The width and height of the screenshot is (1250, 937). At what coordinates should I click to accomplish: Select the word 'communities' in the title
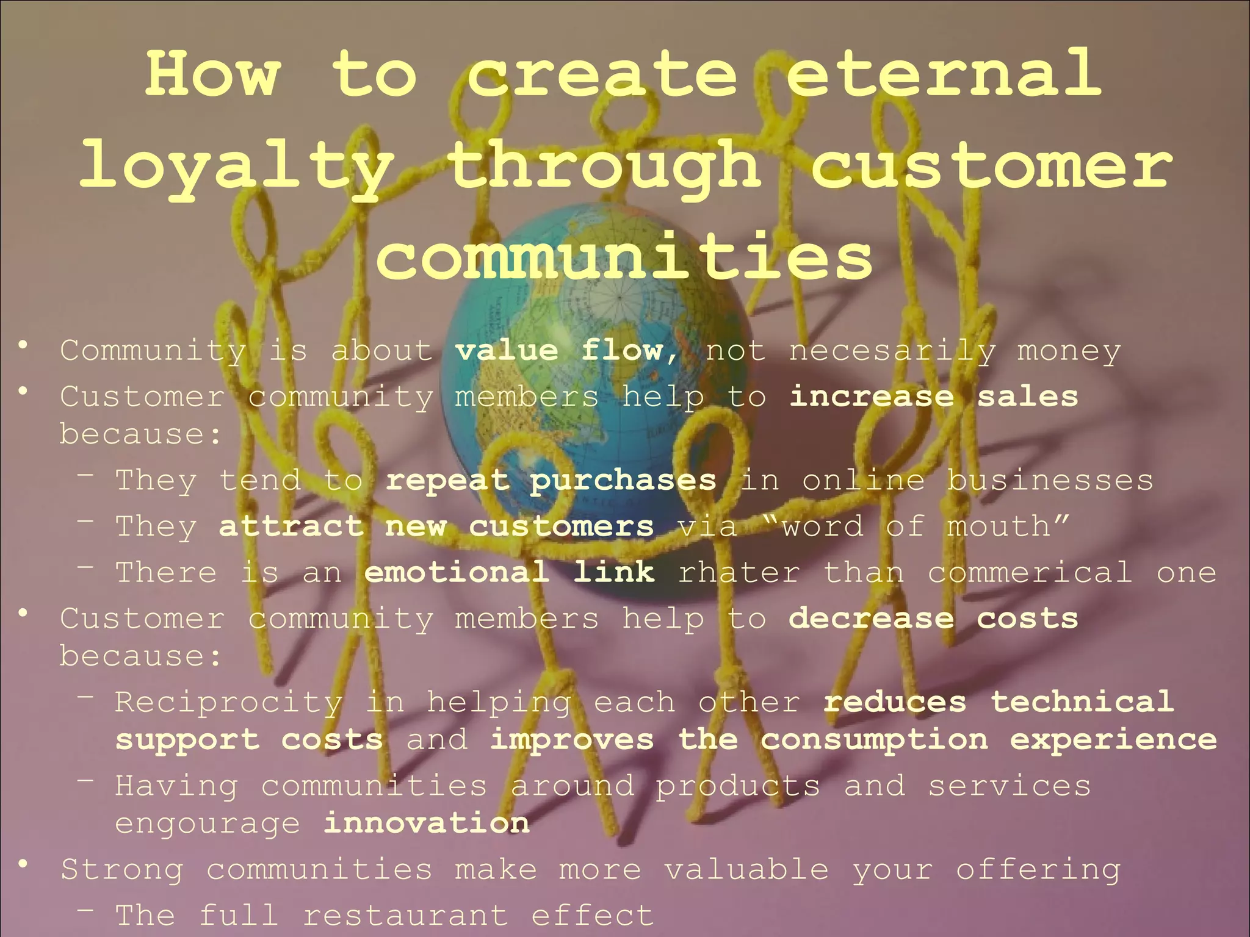624,257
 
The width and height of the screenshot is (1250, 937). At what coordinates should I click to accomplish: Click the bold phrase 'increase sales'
933,397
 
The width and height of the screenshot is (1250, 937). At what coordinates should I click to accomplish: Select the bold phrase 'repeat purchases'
551,481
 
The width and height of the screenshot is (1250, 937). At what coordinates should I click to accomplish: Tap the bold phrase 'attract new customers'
436,526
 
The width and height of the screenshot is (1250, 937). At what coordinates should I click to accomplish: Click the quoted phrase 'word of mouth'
915,526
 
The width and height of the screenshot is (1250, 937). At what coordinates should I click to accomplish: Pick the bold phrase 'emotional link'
510,572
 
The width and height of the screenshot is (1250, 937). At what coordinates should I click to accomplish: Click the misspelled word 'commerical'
1030,573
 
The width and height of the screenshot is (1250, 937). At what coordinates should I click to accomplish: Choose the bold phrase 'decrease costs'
933,619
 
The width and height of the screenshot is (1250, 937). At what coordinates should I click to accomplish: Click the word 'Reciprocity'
229,703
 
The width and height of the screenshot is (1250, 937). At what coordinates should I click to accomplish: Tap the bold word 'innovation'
426,824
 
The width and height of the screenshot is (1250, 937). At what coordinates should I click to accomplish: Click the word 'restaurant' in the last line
405,916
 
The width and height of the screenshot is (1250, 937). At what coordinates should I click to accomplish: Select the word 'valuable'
746,869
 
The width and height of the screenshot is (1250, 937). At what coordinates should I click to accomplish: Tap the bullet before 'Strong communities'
23,864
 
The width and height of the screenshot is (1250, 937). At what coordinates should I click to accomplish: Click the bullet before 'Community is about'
23,346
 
